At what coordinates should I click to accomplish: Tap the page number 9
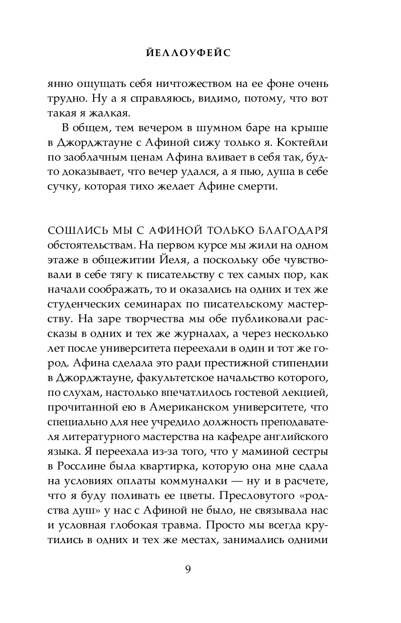tap(188, 569)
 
